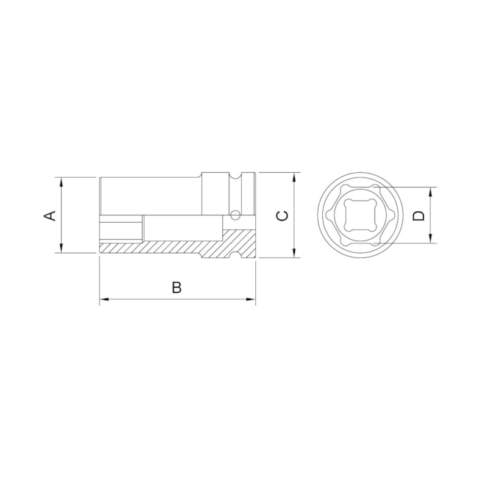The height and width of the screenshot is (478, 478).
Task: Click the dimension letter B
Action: pos(176,288)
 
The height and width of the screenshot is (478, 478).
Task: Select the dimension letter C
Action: pos(281,215)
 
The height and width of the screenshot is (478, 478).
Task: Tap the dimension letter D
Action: pos(418,215)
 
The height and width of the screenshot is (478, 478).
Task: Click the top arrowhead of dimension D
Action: pos(432,190)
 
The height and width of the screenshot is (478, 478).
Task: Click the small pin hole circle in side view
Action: pos(235,215)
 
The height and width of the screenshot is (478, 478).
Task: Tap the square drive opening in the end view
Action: pos(358,215)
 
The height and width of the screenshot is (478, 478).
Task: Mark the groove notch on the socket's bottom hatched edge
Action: pos(237,254)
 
